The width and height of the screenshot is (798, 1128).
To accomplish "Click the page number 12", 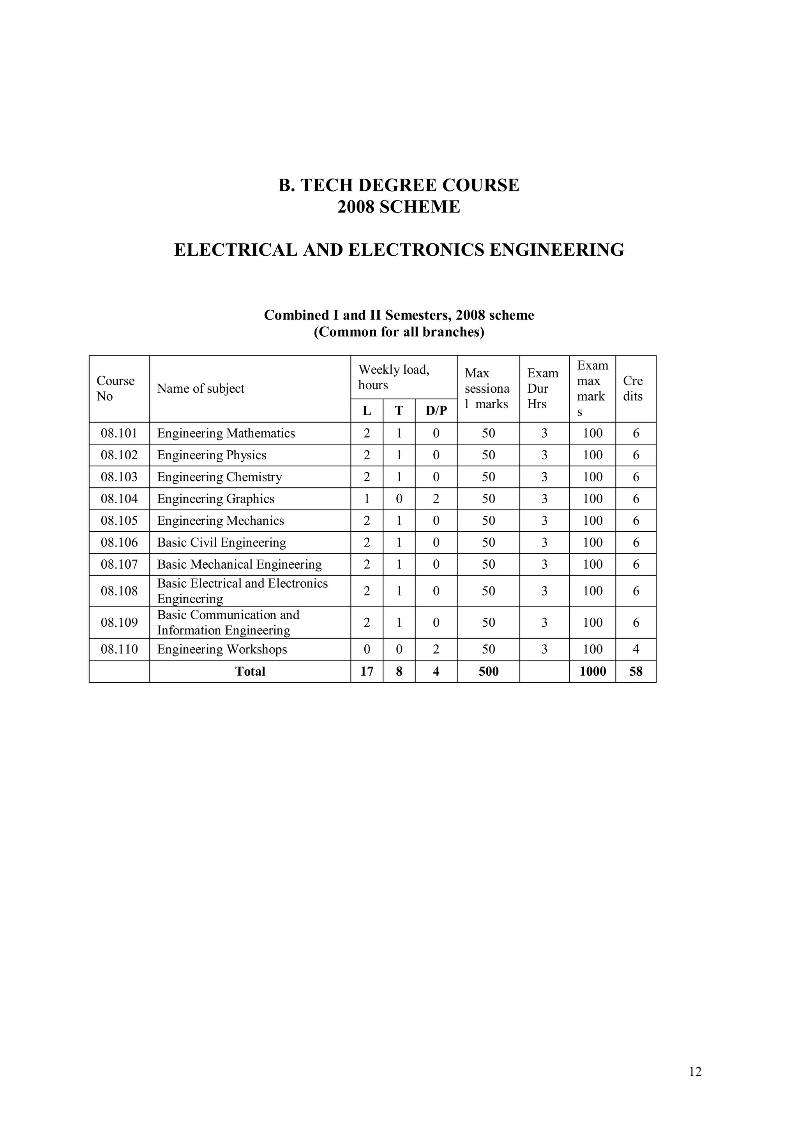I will pos(695,1071).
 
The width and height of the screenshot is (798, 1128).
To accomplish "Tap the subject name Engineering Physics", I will pos(212,455).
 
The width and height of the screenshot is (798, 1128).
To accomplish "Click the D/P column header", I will pos(436,411).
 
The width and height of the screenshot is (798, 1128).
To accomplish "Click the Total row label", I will pos(250,671).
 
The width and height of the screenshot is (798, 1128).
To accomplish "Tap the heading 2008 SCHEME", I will pos(398,207).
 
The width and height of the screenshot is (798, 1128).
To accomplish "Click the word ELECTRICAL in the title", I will pos(235,249).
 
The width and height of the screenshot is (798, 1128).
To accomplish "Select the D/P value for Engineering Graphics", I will pos(436,499).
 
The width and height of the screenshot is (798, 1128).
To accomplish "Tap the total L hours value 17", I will pos(366,671).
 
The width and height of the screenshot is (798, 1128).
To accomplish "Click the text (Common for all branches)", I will pos(399,332).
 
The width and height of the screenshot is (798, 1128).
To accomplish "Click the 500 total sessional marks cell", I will pos(488,671).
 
